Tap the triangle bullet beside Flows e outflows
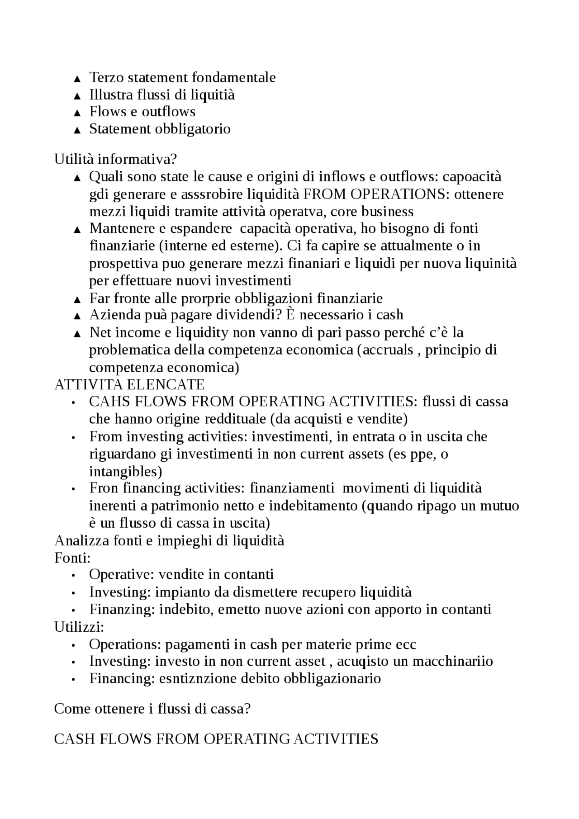[77, 113]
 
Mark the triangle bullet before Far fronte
[77, 299]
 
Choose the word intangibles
[125, 471]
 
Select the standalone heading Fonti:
[72, 558]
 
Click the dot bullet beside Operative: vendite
[73, 575]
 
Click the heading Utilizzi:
[79, 627]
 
